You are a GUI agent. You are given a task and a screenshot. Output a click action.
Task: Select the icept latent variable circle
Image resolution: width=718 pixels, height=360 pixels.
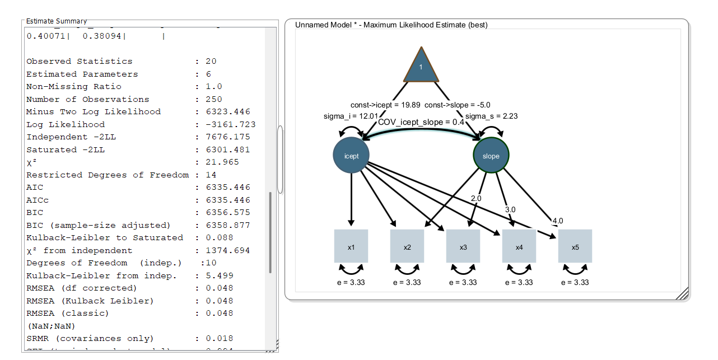click(x=351, y=156)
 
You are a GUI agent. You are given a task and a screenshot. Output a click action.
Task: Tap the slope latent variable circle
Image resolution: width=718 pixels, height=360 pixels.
click(x=491, y=156)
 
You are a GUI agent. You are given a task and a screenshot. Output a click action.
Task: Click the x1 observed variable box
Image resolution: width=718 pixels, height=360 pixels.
click(x=351, y=246)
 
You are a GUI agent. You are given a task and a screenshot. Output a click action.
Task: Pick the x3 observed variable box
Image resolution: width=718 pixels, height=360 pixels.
click(x=463, y=246)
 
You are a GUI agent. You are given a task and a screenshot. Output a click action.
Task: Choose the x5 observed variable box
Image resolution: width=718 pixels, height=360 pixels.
click(x=575, y=246)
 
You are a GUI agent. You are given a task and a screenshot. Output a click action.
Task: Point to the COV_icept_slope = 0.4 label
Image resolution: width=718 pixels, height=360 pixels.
click(x=421, y=122)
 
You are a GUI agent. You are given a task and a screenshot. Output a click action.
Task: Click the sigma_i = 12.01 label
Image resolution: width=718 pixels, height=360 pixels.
click(x=344, y=116)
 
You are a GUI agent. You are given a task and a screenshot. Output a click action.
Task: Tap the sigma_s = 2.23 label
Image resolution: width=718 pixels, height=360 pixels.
click(x=491, y=116)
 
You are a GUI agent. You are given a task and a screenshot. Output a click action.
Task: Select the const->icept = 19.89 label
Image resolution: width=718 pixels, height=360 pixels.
click(x=385, y=105)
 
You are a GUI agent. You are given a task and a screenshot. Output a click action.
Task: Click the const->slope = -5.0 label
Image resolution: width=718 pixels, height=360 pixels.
click(x=458, y=105)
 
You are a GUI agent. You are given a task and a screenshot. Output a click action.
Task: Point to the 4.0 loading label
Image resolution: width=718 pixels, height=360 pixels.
click(x=558, y=221)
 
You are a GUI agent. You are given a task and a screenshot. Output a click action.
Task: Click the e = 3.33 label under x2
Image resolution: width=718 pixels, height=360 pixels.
click(x=407, y=283)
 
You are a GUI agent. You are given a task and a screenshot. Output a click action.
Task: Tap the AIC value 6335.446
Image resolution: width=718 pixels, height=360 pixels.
click(x=228, y=188)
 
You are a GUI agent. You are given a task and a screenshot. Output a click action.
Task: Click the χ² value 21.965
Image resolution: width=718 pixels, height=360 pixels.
click(x=222, y=162)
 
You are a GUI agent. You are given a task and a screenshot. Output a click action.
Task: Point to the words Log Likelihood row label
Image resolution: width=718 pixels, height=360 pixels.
click(x=66, y=124)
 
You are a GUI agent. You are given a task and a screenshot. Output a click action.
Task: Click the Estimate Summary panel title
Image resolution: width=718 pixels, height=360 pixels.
click(x=57, y=21)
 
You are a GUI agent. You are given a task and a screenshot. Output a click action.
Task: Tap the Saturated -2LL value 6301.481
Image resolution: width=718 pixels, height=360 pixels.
click(x=228, y=149)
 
